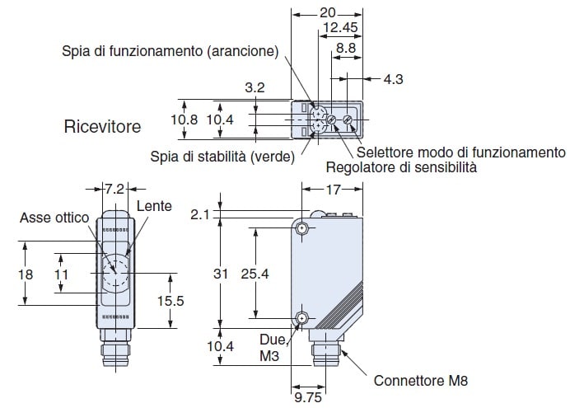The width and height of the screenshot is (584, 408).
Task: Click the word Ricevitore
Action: pyautogui.click(x=102, y=126)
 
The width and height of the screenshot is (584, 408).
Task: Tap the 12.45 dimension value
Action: pyautogui.click(x=340, y=27)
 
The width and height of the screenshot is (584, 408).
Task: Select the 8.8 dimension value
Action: pyautogui.click(x=346, y=48)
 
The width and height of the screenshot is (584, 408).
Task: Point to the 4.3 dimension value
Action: pyautogui.click(x=393, y=79)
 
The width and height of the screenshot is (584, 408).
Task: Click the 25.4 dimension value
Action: pyautogui.click(x=255, y=274)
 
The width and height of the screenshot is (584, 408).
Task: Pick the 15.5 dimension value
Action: pyautogui.click(x=171, y=301)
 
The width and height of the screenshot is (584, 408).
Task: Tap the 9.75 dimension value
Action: pyautogui.click(x=308, y=397)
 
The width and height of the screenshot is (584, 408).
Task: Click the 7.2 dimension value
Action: pyautogui.click(x=114, y=189)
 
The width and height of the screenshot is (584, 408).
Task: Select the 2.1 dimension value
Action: pyautogui.click(x=200, y=214)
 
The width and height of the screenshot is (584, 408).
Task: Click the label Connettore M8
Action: pyautogui.click(x=420, y=381)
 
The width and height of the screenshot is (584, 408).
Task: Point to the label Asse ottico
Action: pyautogui.click(x=54, y=218)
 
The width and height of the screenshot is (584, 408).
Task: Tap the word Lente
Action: pyautogui.click(x=154, y=206)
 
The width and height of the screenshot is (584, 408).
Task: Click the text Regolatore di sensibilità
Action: pyautogui.click(x=401, y=167)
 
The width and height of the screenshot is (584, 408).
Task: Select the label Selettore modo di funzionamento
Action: pyautogui.click(x=461, y=152)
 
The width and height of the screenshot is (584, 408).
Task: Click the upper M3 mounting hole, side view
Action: pyautogui.click(x=301, y=227)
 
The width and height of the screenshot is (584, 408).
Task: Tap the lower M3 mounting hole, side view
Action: pyautogui.click(x=301, y=319)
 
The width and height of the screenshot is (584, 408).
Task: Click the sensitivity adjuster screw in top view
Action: pyautogui.click(x=331, y=120)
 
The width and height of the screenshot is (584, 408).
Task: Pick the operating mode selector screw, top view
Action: pyautogui.click(x=348, y=120)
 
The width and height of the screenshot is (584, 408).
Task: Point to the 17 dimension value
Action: pyautogui.click(x=333, y=190)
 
